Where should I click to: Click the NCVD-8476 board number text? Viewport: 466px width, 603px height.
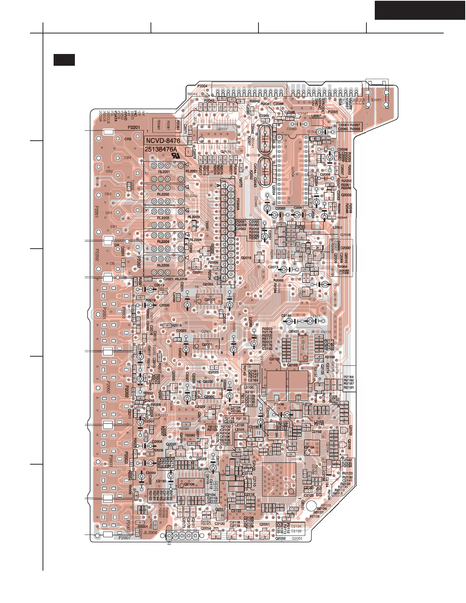(x=163, y=141)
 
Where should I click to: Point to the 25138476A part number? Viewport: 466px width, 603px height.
(x=161, y=149)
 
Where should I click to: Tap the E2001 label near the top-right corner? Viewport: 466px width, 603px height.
(x=376, y=100)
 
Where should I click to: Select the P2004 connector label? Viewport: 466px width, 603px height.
(x=203, y=86)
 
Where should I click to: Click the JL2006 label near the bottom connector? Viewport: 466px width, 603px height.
(x=150, y=533)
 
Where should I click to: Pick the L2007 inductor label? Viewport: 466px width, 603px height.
(x=316, y=116)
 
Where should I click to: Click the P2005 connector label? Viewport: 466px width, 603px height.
(x=333, y=112)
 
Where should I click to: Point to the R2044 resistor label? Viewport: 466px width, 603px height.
(x=192, y=94)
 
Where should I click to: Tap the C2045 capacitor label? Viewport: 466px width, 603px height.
(x=264, y=116)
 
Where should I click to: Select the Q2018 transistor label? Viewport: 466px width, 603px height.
(x=246, y=258)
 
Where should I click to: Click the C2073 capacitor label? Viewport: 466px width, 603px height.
(x=273, y=267)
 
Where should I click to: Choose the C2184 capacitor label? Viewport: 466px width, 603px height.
(x=286, y=316)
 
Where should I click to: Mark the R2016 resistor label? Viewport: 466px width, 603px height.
(x=177, y=325)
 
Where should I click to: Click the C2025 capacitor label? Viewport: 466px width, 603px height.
(x=214, y=372)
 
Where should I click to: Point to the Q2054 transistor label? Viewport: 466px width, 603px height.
(x=206, y=528)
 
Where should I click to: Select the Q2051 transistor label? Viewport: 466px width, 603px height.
(x=265, y=524)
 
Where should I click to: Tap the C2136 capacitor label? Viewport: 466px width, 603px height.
(x=279, y=405)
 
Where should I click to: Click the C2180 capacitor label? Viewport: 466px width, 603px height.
(x=161, y=481)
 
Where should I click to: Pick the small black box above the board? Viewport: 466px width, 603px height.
(x=64, y=60)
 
